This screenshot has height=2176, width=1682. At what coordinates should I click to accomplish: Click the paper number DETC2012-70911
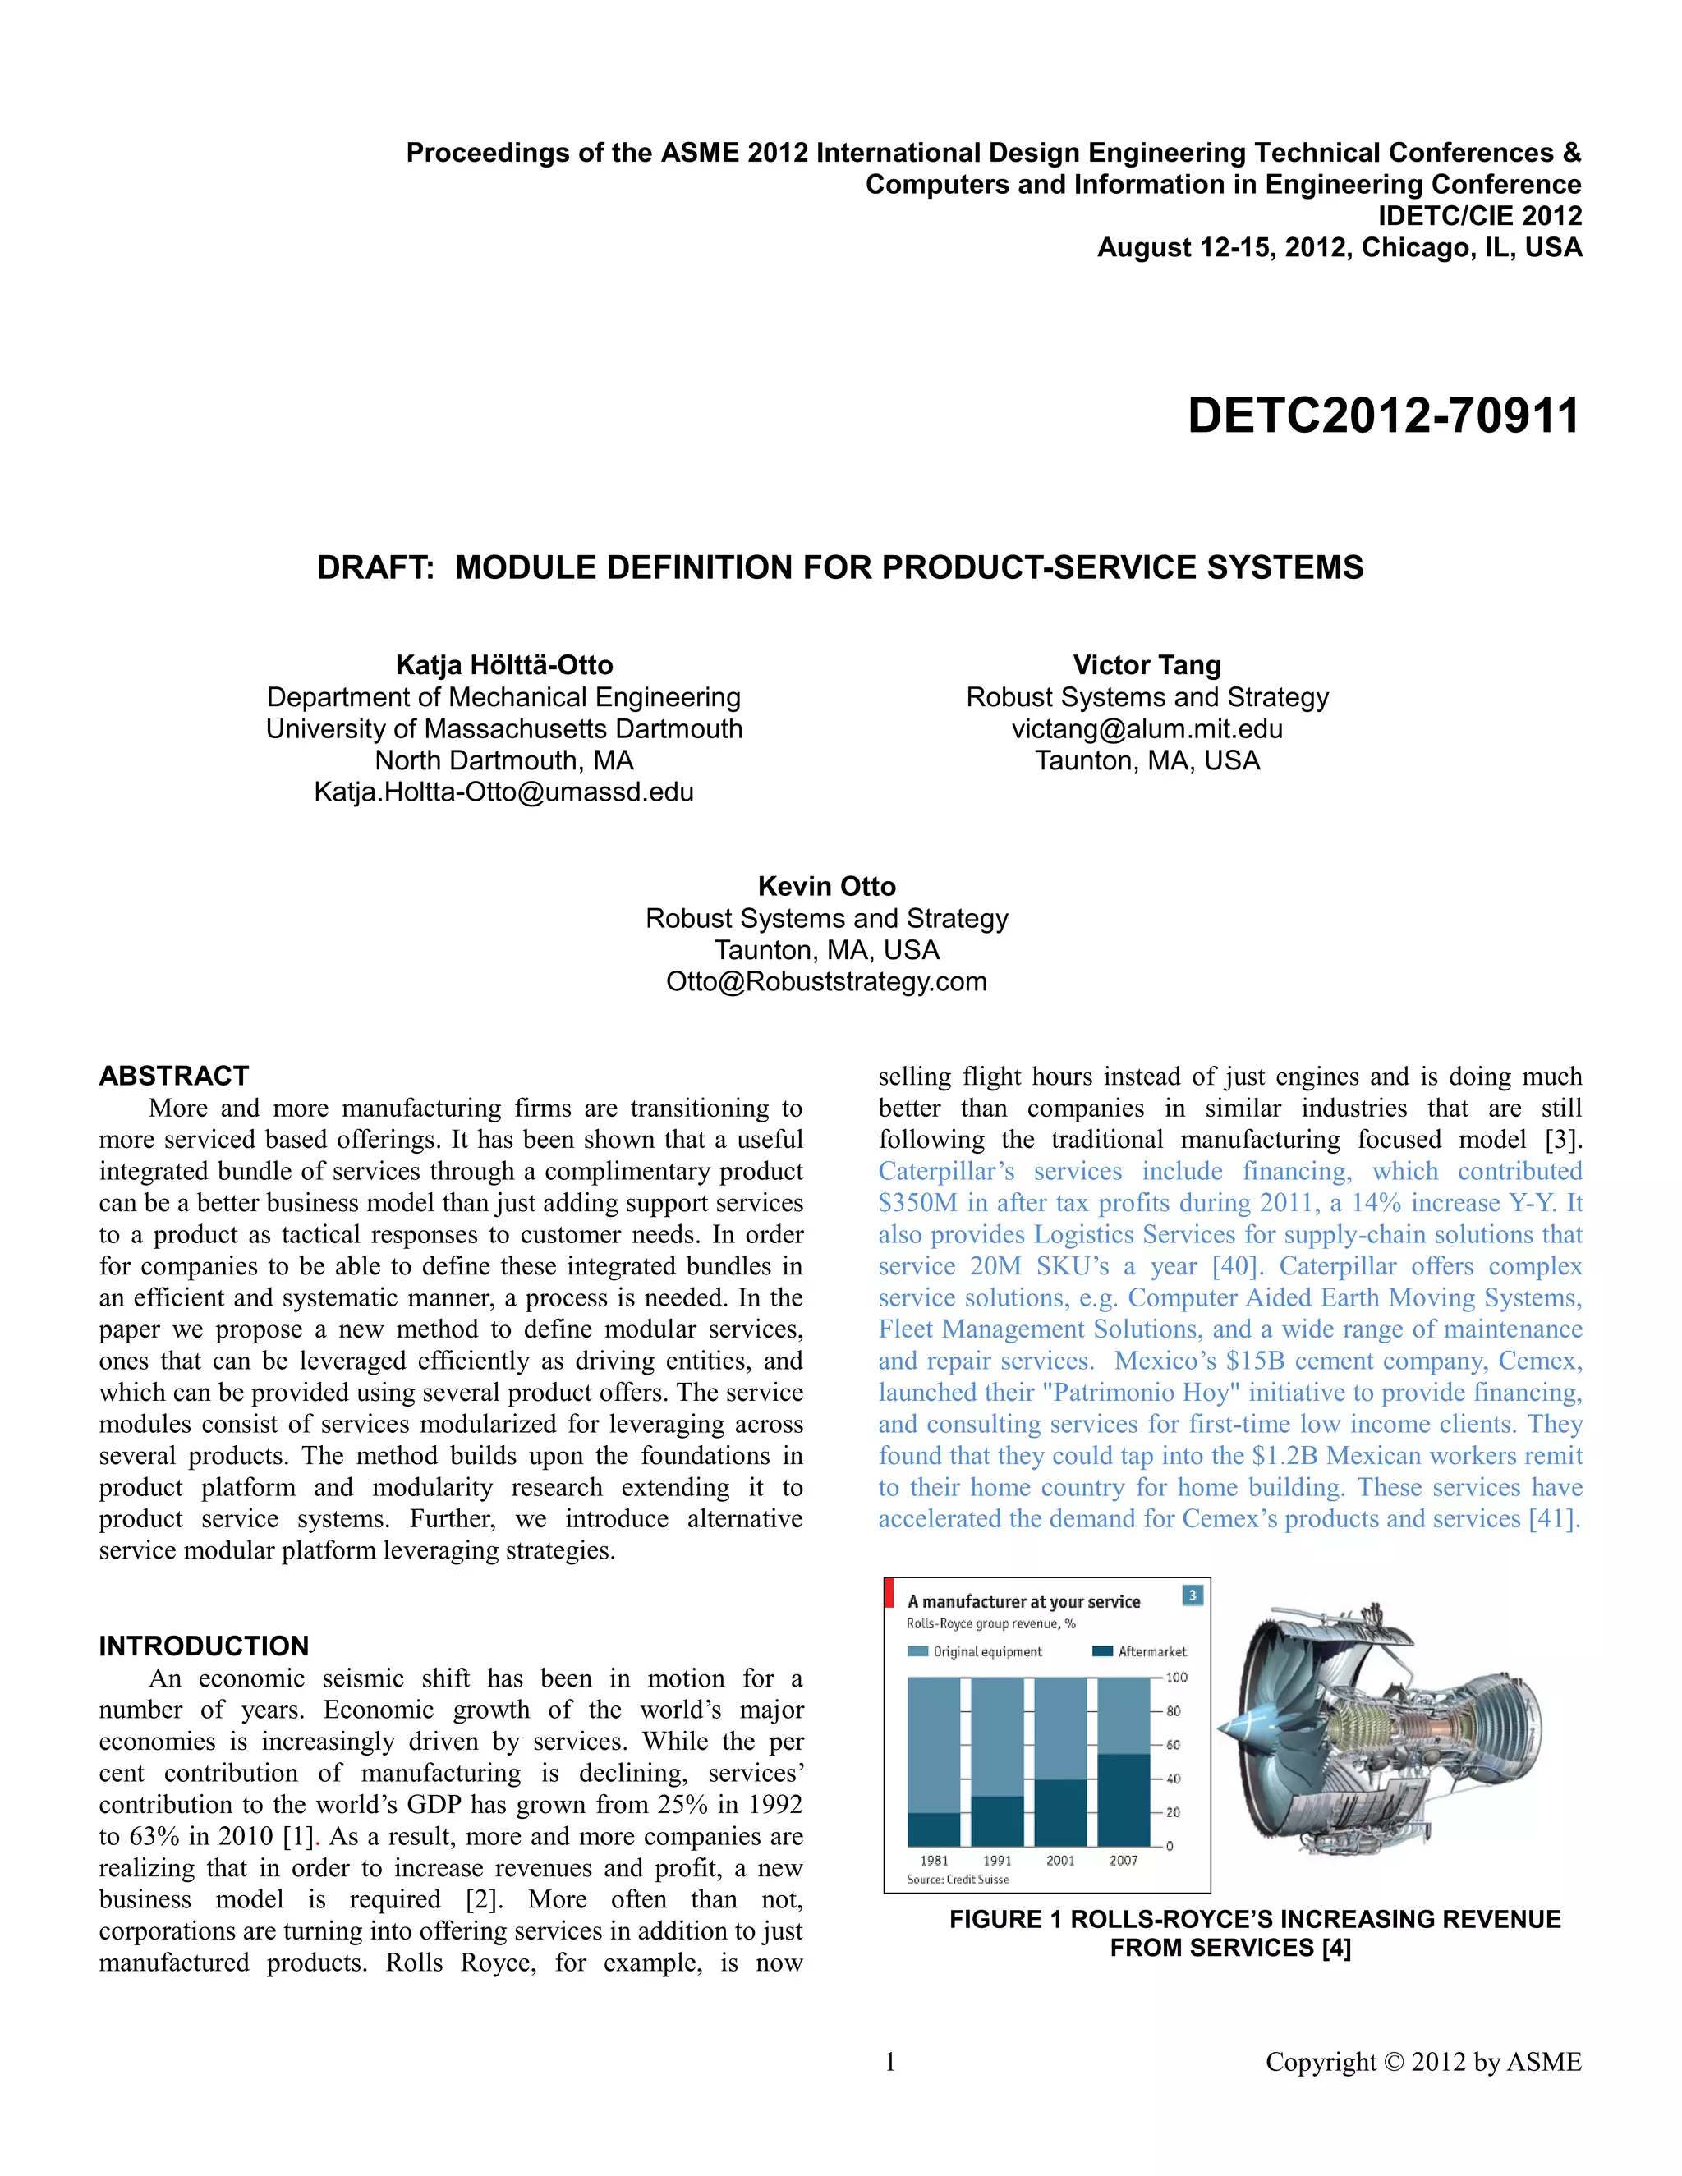click(1383, 416)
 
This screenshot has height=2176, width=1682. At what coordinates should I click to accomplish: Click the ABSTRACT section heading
click(173, 1076)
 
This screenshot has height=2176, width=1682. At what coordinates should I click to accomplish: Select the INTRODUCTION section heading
click(204, 1646)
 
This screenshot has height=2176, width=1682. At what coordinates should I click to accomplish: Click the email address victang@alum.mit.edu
click(1147, 728)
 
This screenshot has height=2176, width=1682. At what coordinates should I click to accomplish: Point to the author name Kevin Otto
click(826, 886)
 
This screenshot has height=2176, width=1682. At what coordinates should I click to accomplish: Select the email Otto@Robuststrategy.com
click(826, 981)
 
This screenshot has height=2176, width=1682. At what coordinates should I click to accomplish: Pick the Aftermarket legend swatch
click(1102, 1652)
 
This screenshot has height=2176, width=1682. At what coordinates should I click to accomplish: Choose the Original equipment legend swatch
click(917, 1652)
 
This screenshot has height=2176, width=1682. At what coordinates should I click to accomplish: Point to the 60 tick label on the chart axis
click(1174, 1745)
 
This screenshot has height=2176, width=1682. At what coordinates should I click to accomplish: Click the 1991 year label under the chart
click(996, 1860)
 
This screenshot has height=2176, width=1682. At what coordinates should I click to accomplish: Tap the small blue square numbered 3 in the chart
click(1192, 1596)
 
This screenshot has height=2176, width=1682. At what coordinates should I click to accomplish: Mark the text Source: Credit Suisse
click(958, 1879)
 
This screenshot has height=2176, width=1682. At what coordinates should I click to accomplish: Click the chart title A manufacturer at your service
click(1023, 1602)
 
